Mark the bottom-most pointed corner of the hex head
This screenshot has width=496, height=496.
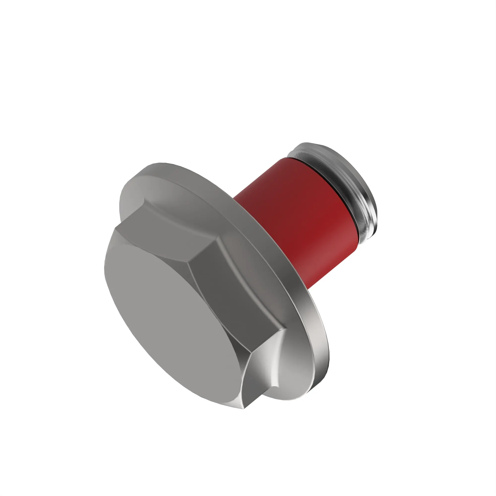244,408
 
